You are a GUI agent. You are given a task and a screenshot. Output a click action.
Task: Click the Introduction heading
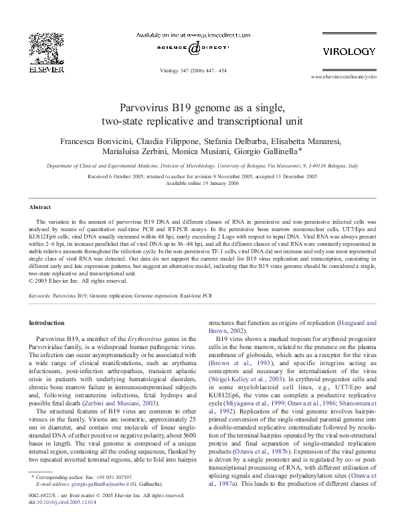[x=49, y=323]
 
